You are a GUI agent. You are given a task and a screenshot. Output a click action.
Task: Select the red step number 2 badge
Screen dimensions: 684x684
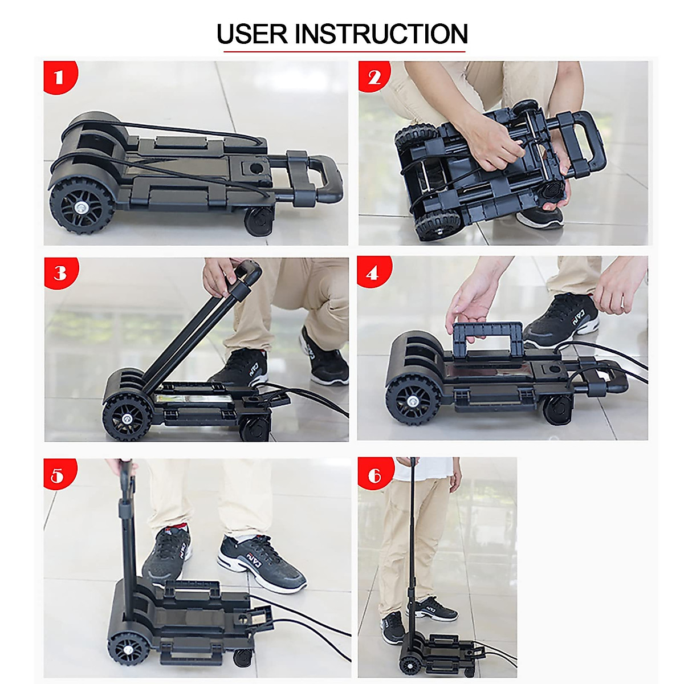(x=373, y=77)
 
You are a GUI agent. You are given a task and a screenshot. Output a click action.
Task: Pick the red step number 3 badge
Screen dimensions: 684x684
(x=60, y=273)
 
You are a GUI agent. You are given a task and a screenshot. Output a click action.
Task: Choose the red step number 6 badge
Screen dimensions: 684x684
(x=373, y=474)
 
